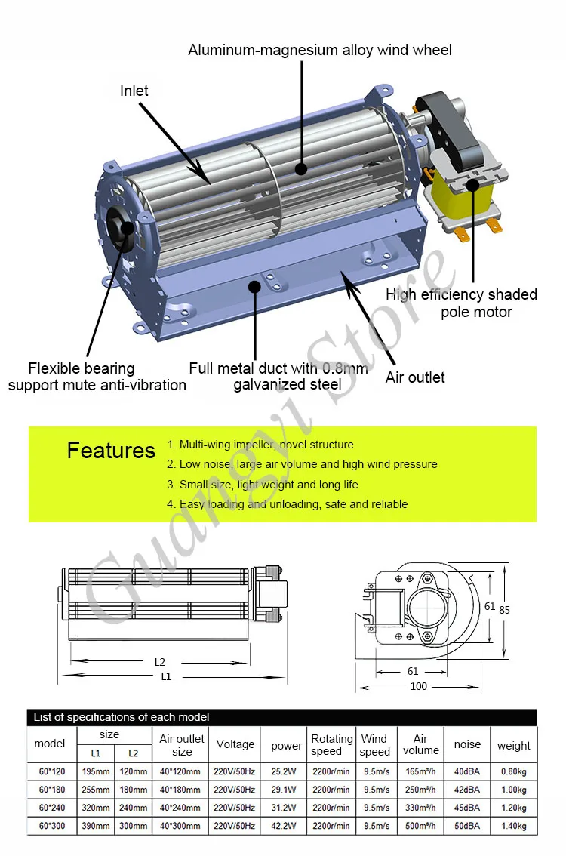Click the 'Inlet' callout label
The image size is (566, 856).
(x=134, y=91)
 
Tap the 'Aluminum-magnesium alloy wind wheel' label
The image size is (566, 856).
(x=320, y=51)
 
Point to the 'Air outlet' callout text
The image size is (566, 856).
(x=415, y=377)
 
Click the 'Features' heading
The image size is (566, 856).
(x=111, y=451)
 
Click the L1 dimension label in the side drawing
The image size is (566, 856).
(x=166, y=676)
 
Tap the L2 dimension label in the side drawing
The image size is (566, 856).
(x=159, y=662)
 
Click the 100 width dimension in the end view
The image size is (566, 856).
(x=419, y=686)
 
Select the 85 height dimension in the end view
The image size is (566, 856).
(x=504, y=610)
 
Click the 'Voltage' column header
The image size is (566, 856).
(x=235, y=744)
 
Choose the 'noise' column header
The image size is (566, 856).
(x=467, y=744)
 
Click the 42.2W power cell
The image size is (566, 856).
(x=286, y=826)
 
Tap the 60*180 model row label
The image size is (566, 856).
(x=50, y=790)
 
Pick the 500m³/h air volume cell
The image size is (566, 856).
(x=420, y=826)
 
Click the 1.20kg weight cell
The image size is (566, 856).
(x=514, y=808)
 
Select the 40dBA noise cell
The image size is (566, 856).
(x=467, y=771)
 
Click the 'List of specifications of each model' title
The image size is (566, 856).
(x=122, y=716)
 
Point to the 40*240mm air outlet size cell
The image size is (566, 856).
(x=181, y=808)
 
